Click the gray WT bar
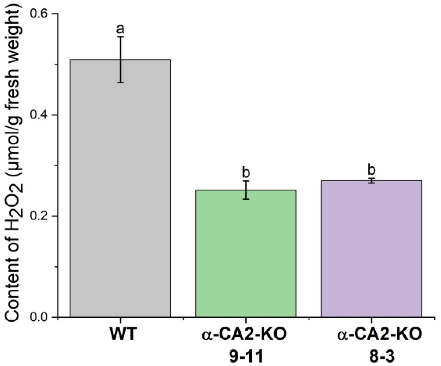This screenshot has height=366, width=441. coord(120,188)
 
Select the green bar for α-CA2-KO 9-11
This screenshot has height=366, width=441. coord(246,253)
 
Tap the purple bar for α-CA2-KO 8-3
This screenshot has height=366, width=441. coord(371,248)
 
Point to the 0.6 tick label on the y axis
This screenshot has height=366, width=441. coord(41,14)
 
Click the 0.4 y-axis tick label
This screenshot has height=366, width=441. coord(41,115)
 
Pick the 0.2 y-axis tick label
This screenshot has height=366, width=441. coord(41,216)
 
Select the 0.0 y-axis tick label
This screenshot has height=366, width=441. coord(41,317)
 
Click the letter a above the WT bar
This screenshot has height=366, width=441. coord(120,29)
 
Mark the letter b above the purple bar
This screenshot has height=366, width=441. coord(371,170)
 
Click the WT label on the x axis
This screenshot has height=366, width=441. coord(122,335)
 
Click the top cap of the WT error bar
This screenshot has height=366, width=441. coord(120,37)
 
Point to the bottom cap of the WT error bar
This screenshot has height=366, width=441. coord(120,82)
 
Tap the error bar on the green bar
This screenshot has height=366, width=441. coord(246,190)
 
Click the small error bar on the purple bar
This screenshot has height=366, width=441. coord(371,181)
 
